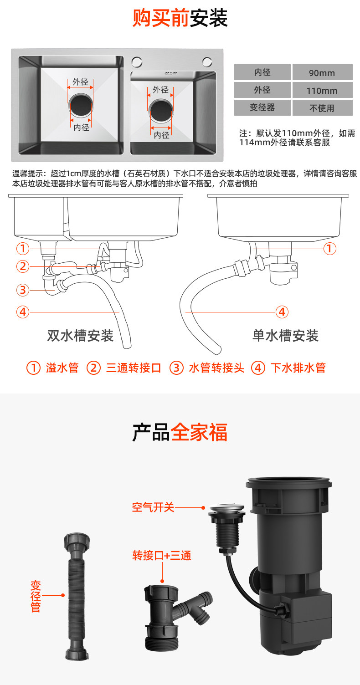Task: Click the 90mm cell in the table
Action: (x=322, y=72)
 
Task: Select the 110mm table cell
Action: (x=322, y=90)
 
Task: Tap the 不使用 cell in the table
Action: (x=322, y=107)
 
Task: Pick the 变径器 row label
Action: (x=262, y=107)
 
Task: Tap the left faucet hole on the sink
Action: (x=137, y=62)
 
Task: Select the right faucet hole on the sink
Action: (x=207, y=62)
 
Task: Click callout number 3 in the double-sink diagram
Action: (x=23, y=290)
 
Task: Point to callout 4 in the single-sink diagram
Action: (x=282, y=312)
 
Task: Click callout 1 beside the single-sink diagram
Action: (x=330, y=249)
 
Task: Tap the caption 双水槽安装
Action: (x=80, y=336)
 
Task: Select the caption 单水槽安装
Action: (x=285, y=336)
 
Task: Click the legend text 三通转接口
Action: (x=134, y=368)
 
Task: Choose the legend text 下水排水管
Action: (x=298, y=368)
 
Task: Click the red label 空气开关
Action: (x=153, y=507)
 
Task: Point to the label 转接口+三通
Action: (x=162, y=555)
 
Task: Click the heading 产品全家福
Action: (x=180, y=432)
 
